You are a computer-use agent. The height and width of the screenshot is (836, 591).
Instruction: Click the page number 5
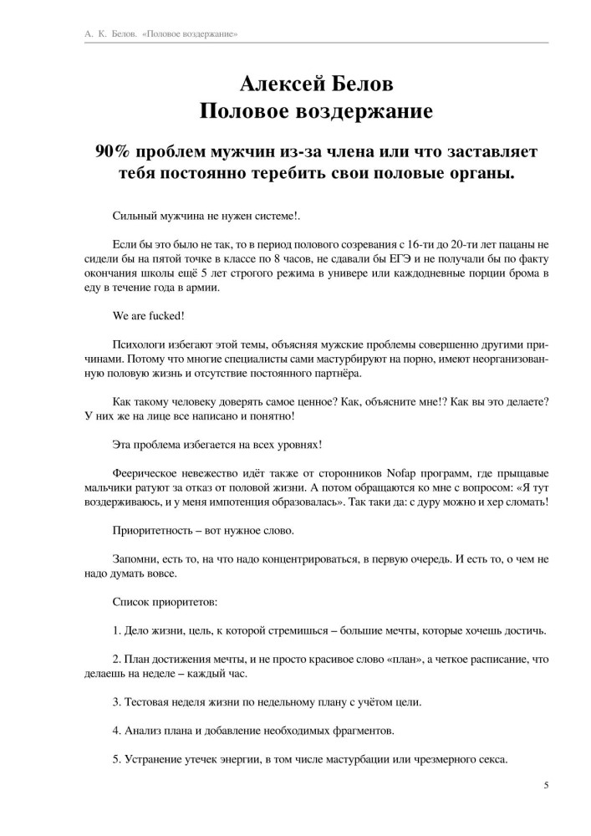[x=546, y=785]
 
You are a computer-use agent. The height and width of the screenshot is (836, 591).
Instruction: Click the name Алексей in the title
[x=278, y=84]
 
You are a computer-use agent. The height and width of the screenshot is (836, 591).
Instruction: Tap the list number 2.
[x=115, y=659]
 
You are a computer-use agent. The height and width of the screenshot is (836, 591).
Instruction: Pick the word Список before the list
[x=132, y=602]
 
